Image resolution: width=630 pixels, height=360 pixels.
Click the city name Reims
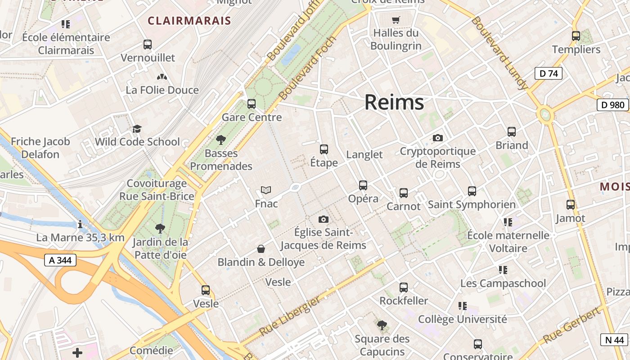pyautogui.click(x=394, y=103)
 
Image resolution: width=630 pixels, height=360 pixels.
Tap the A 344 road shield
pyautogui.click(x=60, y=260)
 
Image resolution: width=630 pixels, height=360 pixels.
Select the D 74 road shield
pyautogui.click(x=548, y=73)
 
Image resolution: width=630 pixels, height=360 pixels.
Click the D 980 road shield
pyautogui.click(x=612, y=105)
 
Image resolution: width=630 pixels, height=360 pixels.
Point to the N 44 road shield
pyautogui.click(x=614, y=340)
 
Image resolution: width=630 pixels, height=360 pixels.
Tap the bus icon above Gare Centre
pyautogui.click(x=252, y=104)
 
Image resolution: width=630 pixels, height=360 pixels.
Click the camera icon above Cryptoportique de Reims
pyautogui.click(x=437, y=138)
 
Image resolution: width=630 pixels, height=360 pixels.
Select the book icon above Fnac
pyautogui.click(x=266, y=190)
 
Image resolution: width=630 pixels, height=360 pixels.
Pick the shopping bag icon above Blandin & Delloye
pyautogui.click(x=261, y=249)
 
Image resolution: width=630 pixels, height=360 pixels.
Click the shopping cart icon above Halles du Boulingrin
pyautogui.click(x=396, y=20)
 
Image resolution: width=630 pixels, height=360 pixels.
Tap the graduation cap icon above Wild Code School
pyautogui.click(x=137, y=129)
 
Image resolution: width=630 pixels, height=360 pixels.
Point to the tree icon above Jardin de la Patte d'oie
pyautogui.click(x=160, y=229)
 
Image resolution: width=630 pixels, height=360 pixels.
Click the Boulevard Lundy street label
pyautogui.click(x=500, y=53)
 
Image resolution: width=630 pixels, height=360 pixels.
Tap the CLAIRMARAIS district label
pyautogui.click(x=189, y=21)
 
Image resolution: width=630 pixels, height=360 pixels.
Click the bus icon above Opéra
pyautogui.click(x=363, y=185)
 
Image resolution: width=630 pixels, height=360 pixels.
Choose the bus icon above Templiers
pyautogui.click(x=576, y=36)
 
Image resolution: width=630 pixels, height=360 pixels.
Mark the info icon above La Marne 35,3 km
pyautogui.click(x=80, y=224)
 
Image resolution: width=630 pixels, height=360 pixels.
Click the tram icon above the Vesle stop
pyautogui.click(x=206, y=290)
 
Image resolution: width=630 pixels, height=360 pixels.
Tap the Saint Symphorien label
pyautogui.click(x=472, y=205)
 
